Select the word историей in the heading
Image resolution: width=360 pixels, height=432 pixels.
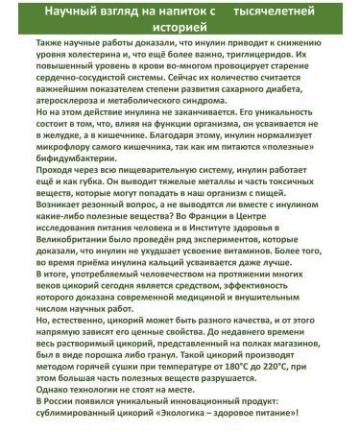click(x=180, y=28)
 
